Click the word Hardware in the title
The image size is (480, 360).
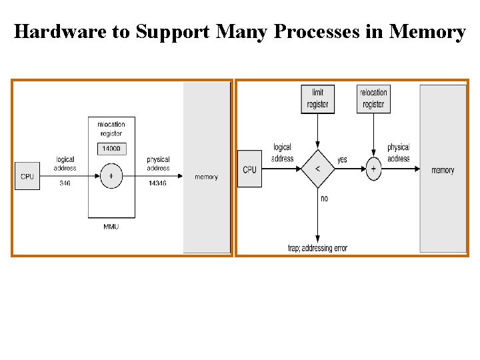61,31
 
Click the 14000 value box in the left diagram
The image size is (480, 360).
111,149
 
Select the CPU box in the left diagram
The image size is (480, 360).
27,176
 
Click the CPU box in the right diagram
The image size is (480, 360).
249,169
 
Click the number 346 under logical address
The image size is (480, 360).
65,182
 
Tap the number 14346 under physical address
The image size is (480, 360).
159,182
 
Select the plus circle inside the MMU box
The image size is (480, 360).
111,176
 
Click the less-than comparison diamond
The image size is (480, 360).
317,169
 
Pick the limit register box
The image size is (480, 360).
317,99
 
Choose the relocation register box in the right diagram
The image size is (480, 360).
373,99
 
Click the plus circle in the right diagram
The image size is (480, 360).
373,169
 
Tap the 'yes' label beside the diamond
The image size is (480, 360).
342,160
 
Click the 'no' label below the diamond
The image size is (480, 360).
325,199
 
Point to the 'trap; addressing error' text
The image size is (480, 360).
317,249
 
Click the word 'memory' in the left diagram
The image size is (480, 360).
206,177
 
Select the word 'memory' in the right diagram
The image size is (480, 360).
443,170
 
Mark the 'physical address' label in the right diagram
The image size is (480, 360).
399,153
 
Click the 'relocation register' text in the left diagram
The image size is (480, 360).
111,129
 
